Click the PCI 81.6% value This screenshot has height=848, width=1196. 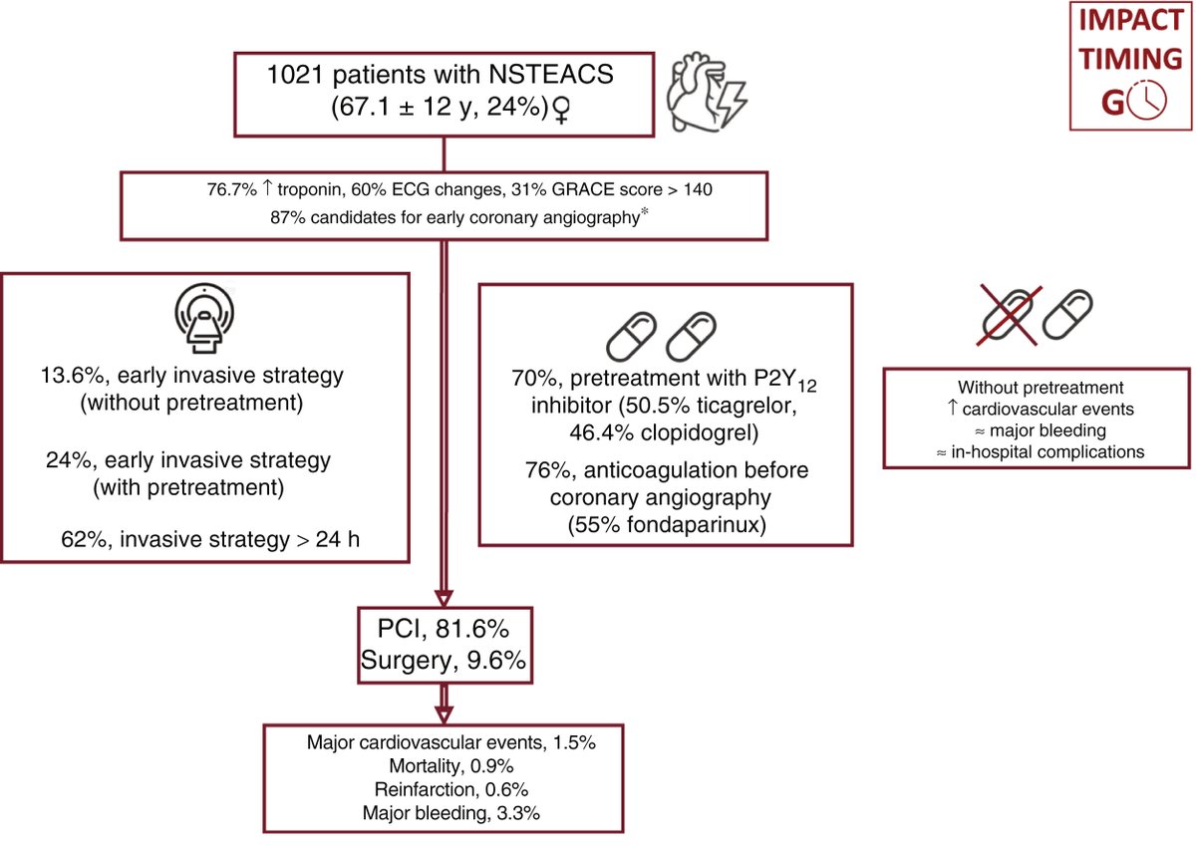[x=445, y=628]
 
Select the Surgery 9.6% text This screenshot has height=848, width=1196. [x=445, y=660]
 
